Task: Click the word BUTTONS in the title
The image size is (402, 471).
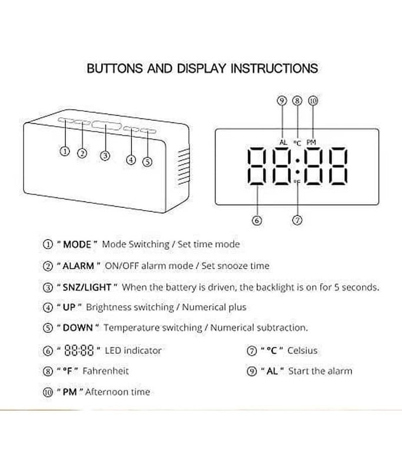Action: click(x=115, y=68)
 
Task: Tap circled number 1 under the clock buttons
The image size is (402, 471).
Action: click(x=65, y=151)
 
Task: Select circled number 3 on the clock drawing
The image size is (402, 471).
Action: click(x=105, y=155)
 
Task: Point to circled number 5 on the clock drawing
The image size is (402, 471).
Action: click(x=147, y=162)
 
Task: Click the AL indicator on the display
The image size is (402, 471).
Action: click(x=283, y=142)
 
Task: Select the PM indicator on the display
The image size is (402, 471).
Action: click(x=311, y=142)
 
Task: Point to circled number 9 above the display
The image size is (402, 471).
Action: click(x=281, y=100)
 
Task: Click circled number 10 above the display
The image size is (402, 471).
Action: click(x=313, y=101)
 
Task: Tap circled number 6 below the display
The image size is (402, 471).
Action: click(x=257, y=220)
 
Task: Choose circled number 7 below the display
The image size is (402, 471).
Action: click(x=297, y=220)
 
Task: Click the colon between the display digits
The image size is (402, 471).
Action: click(x=297, y=166)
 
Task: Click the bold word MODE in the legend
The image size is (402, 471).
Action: click(x=77, y=244)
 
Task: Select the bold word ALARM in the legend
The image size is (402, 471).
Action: click(x=78, y=266)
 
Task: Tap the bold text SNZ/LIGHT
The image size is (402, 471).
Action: click(x=87, y=287)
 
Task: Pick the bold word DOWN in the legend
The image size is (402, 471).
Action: click(x=78, y=327)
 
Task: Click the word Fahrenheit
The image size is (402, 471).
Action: click(x=106, y=371)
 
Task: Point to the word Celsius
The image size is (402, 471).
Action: click(x=303, y=350)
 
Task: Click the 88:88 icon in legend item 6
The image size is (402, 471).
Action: click(x=79, y=350)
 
